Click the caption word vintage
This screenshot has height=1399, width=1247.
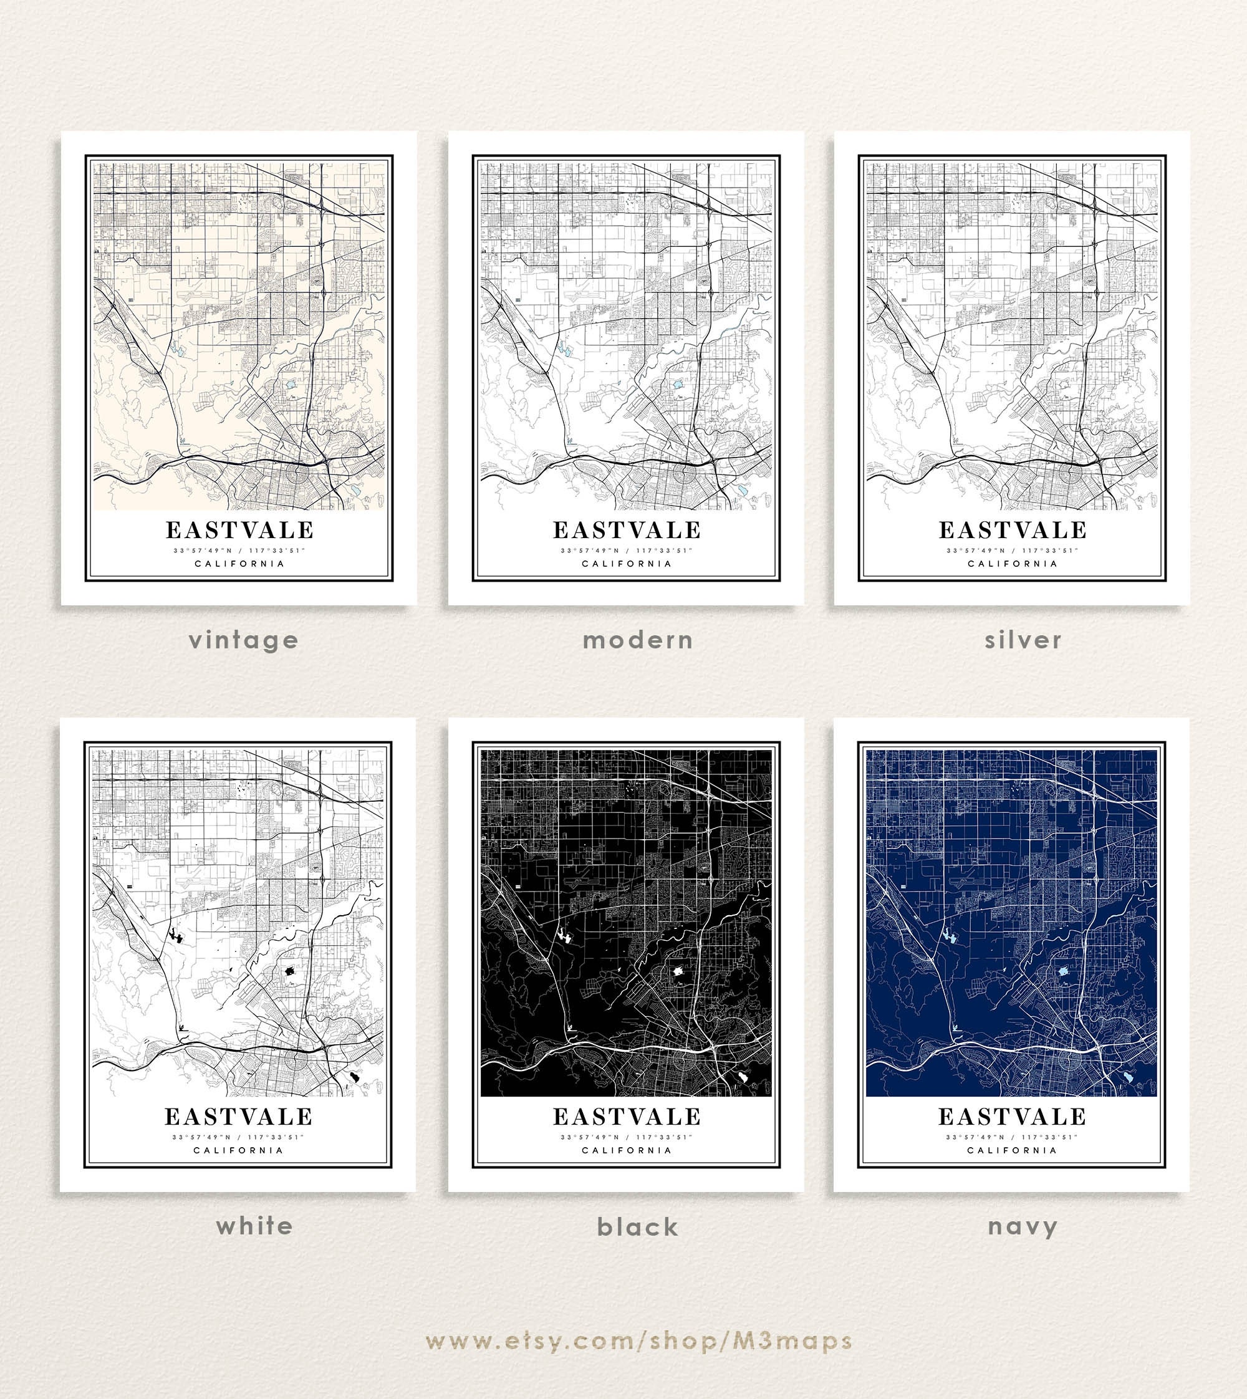click(244, 640)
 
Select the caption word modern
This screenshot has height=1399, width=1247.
click(638, 640)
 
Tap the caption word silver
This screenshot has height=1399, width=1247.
click(1023, 640)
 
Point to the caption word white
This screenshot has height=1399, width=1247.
click(254, 1226)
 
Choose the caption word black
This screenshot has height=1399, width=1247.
click(638, 1227)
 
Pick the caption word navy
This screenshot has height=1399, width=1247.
click(1023, 1227)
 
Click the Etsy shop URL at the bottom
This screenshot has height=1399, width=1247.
click(638, 1341)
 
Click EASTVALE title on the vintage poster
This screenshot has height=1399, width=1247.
click(239, 531)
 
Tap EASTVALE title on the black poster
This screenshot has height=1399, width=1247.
click(627, 1117)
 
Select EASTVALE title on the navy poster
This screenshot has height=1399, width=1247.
click(1012, 1117)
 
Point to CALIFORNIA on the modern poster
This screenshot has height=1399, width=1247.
click(626, 564)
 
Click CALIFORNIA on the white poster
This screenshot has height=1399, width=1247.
click(238, 1150)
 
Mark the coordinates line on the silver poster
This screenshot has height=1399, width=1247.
click(1012, 550)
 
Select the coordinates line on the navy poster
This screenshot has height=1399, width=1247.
click(1012, 1137)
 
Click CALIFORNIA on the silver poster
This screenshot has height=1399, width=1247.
click(1012, 564)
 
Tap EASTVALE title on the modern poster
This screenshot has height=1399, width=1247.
click(627, 531)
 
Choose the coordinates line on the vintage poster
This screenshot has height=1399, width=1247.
click(239, 550)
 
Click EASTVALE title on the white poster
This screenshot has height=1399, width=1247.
click(238, 1117)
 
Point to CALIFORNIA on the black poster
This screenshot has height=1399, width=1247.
click(627, 1150)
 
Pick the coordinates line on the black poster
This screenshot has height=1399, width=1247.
click(627, 1137)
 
